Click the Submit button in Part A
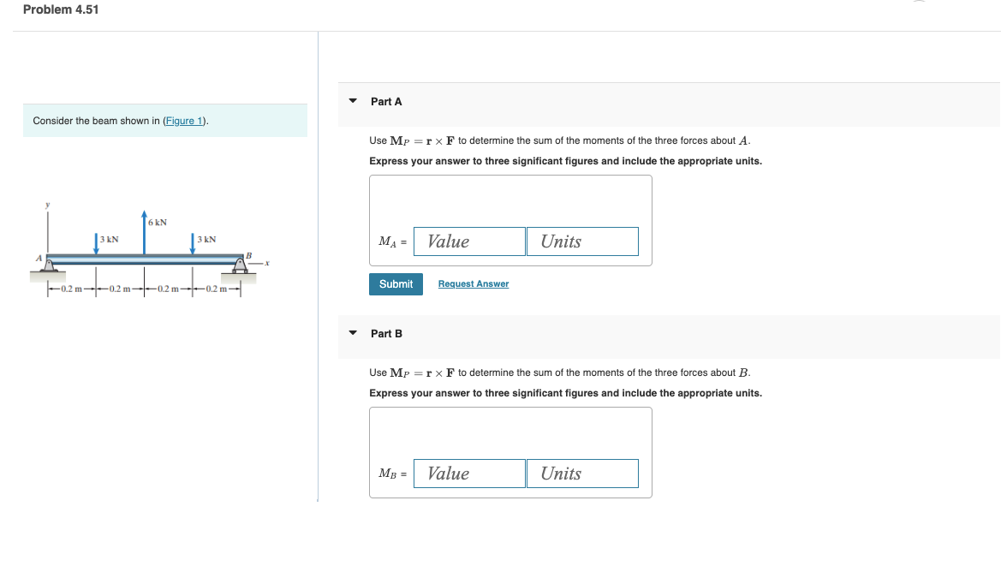(x=396, y=284)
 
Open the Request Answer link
(x=473, y=284)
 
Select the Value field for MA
(x=469, y=241)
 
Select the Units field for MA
(x=582, y=241)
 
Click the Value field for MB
(x=469, y=474)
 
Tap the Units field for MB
(x=582, y=474)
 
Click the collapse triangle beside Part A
(x=353, y=101)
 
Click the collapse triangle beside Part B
(x=353, y=333)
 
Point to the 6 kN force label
(x=158, y=223)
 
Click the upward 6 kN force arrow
(x=144, y=233)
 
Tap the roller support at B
(x=241, y=267)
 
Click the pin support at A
(x=48, y=268)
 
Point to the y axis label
(x=48, y=204)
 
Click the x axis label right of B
(x=267, y=263)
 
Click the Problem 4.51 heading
(x=61, y=9)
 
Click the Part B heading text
(x=386, y=333)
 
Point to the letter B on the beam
(x=249, y=254)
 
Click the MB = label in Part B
(x=393, y=474)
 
